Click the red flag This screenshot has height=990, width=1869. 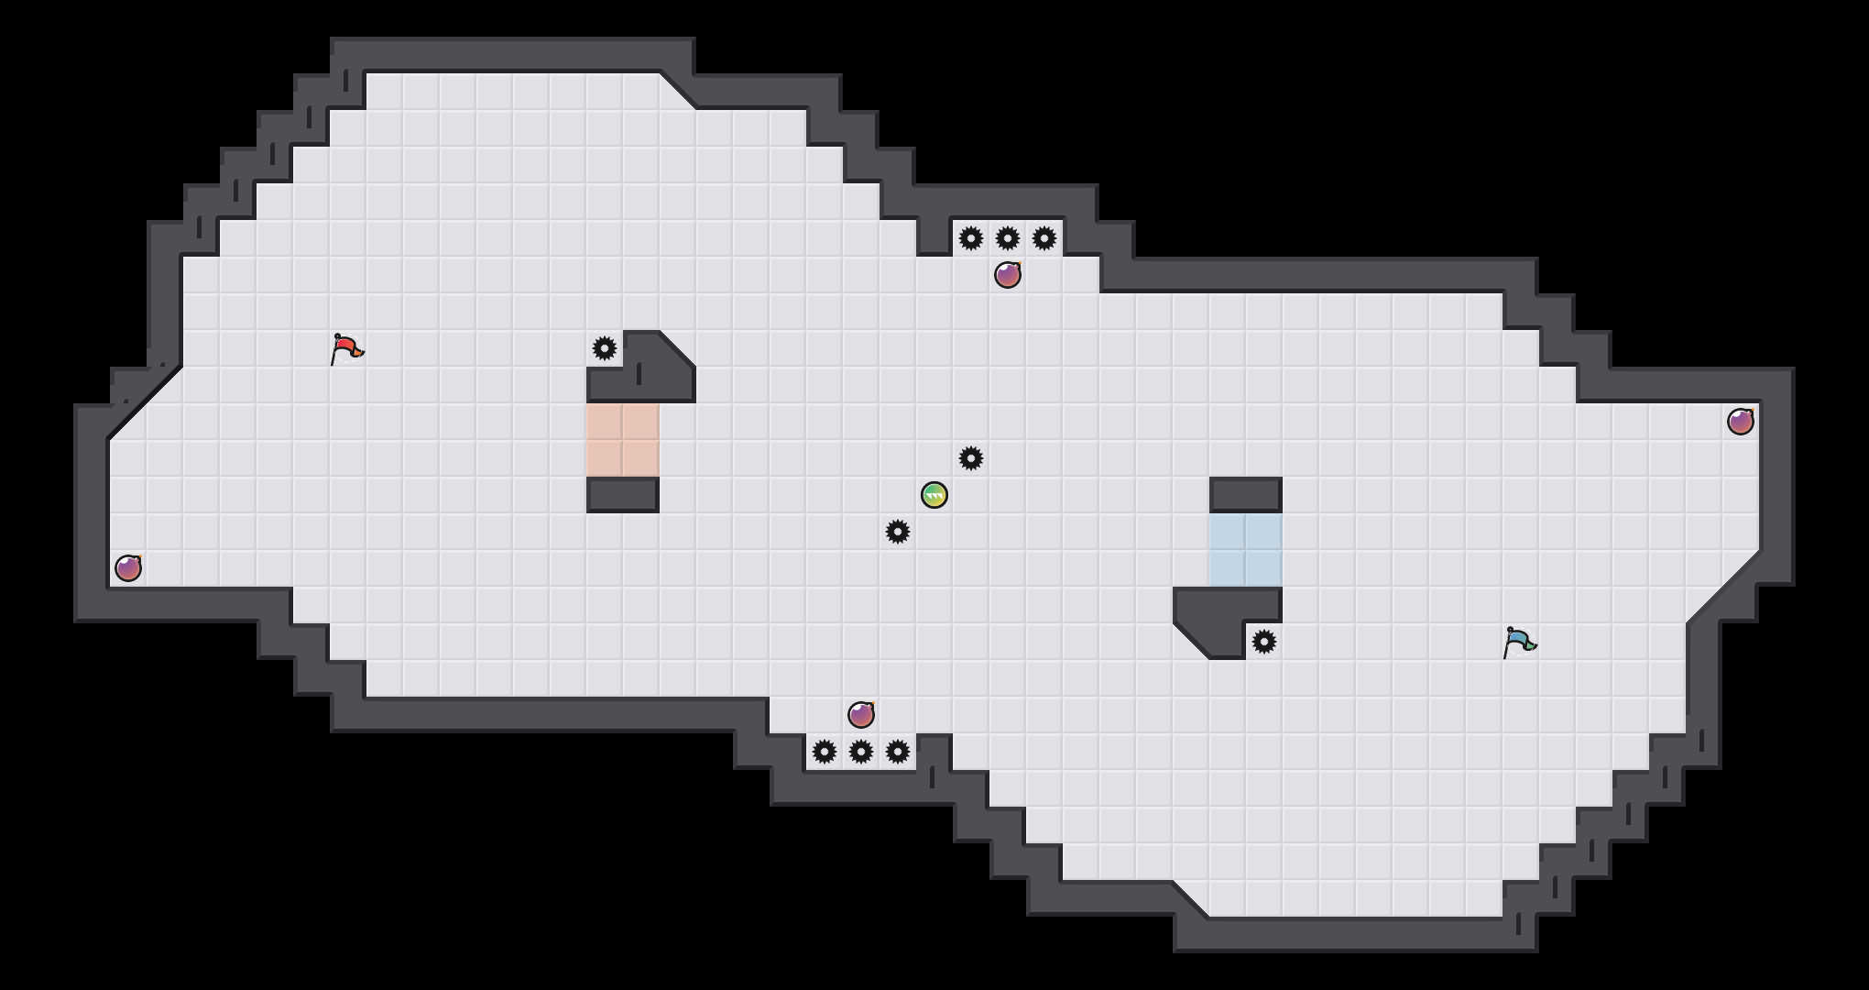coord(346,348)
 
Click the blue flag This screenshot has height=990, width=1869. coord(1519,642)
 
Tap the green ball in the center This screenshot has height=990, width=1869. coord(934,495)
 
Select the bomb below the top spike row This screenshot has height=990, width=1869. coord(1008,275)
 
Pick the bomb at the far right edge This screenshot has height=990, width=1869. coord(1741,422)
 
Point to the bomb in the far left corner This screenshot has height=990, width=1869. coord(128,568)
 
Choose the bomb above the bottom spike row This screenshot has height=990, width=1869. coord(861,715)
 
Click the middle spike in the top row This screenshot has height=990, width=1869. coord(1008,238)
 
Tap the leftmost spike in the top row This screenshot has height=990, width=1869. coord(971,238)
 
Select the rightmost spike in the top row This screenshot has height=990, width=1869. coord(1044,238)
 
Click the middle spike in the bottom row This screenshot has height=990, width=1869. coord(861,752)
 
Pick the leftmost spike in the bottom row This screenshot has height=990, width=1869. coord(825,752)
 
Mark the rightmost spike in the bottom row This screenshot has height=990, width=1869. coord(898,752)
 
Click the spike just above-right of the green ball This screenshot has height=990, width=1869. coord(971,458)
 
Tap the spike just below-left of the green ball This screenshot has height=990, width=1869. coord(898,532)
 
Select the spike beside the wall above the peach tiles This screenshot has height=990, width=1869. coord(605,348)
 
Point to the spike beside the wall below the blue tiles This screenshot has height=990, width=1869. coord(1264,642)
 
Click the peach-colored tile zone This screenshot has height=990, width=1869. coord(623,440)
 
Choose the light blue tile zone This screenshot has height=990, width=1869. coord(1246,550)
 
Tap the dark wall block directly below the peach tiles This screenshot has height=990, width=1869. coord(623,495)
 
